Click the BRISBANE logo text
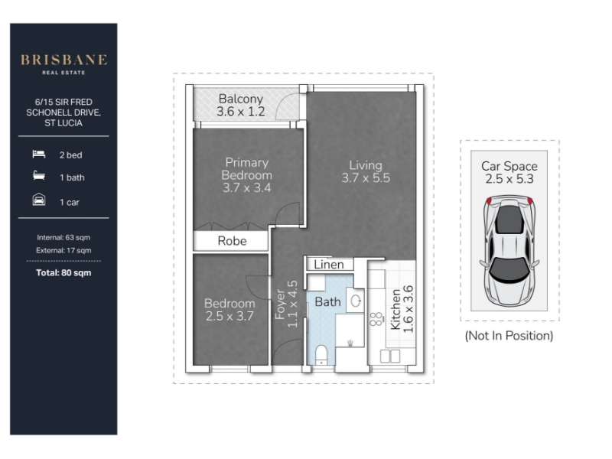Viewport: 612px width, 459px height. tap(63, 60)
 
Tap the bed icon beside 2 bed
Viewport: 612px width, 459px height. tap(39, 155)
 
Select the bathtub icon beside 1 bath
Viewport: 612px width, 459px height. tap(39, 176)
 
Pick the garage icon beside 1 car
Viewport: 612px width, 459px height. tap(39, 200)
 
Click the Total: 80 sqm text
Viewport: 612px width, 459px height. tap(63, 273)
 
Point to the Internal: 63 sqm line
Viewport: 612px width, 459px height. tap(63, 237)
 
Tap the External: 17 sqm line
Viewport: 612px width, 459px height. tap(63, 250)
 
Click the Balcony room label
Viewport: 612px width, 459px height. tap(241, 99)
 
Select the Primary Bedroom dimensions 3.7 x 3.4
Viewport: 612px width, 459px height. tap(246, 187)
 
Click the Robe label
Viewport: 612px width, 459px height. tap(232, 241)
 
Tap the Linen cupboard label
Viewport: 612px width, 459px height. tap(329, 265)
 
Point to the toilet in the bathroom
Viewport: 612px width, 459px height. tap(321, 354)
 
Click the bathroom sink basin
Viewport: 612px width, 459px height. tap(355, 301)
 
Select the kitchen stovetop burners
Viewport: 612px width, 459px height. tap(376, 319)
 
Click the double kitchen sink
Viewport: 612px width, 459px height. tap(390, 356)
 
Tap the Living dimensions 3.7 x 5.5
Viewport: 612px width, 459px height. tap(366, 178)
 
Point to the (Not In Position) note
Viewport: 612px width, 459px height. tap(509, 336)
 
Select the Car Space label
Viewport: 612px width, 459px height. tap(509, 166)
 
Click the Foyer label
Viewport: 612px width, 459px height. tap(280, 304)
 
